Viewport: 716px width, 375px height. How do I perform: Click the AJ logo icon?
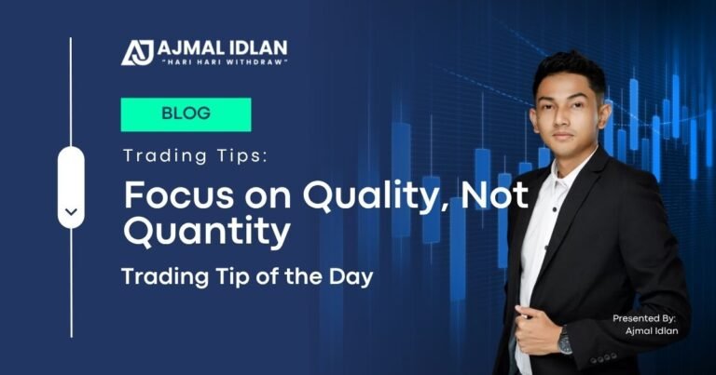137,51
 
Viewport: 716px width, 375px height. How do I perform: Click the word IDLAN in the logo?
256,47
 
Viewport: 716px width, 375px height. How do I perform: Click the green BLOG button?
186,114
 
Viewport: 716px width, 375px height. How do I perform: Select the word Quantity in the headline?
206,233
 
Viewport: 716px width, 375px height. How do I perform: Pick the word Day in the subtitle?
355,277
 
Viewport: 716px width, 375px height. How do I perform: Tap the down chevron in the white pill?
71,212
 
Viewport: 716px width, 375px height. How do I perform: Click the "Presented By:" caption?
643,318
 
